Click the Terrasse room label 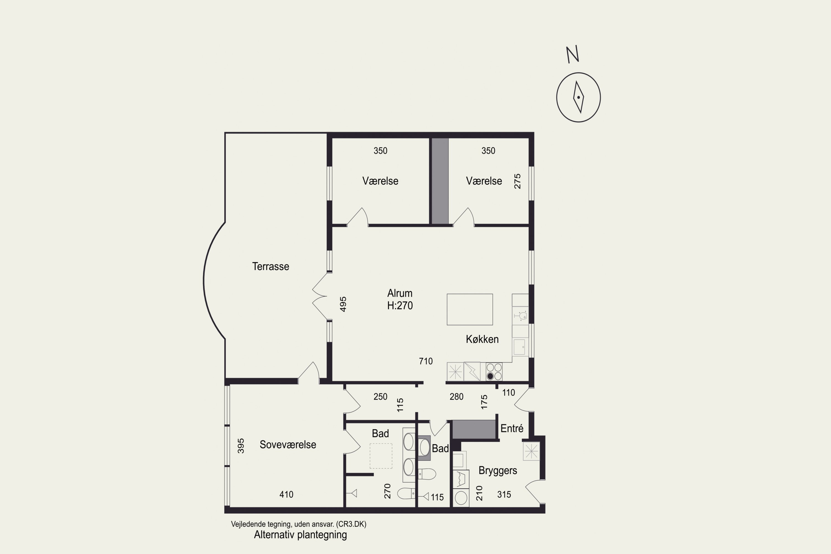[x=271, y=266]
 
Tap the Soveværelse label [x=288, y=445]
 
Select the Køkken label [x=482, y=339]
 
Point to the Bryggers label [x=498, y=471]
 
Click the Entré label [x=512, y=429]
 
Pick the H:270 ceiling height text [x=400, y=305]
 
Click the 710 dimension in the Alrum [x=426, y=361]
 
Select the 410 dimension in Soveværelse [x=286, y=494]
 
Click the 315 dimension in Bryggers [x=504, y=494]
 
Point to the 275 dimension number [x=517, y=181]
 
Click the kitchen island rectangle [x=470, y=309]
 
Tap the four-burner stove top [x=494, y=372]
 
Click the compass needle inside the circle [x=578, y=97]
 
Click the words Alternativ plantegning [x=300, y=535]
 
